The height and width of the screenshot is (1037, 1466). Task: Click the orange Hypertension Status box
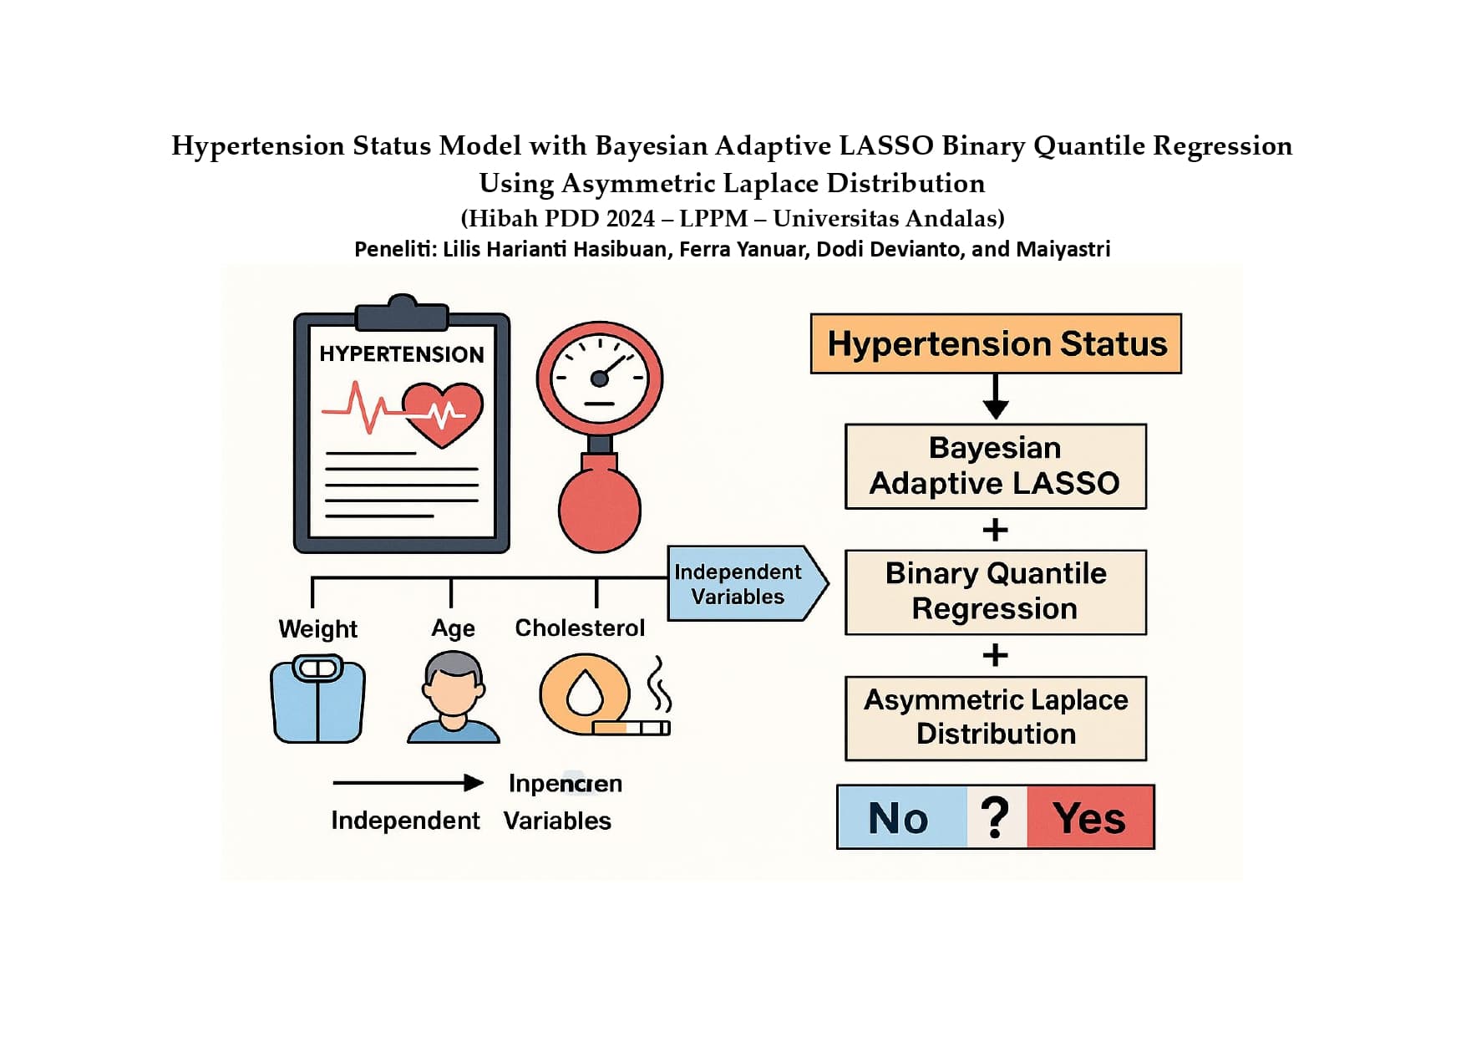coord(995,343)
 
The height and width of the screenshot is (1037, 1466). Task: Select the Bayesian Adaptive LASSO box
coord(995,466)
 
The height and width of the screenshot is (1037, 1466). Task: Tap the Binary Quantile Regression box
coord(995,592)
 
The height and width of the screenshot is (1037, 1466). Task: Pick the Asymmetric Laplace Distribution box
coord(995,718)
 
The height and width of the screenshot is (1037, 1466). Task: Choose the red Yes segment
coord(1089,817)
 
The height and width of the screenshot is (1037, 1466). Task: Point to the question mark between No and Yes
coord(995,817)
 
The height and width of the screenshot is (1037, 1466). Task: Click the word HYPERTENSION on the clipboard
coord(401,354)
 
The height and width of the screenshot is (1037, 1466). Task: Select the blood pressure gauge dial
coord(599,379)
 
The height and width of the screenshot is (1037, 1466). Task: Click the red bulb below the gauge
coord(599,510)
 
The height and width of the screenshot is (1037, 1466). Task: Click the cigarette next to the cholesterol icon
coord(632,728)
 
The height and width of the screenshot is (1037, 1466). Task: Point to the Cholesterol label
coord(580,628)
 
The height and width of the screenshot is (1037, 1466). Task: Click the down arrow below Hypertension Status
coord(995,398)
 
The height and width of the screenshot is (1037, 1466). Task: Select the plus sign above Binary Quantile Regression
coord(995,530)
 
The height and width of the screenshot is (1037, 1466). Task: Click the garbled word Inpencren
coord(565,784)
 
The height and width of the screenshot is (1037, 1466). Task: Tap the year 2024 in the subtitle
coord(631,218)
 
